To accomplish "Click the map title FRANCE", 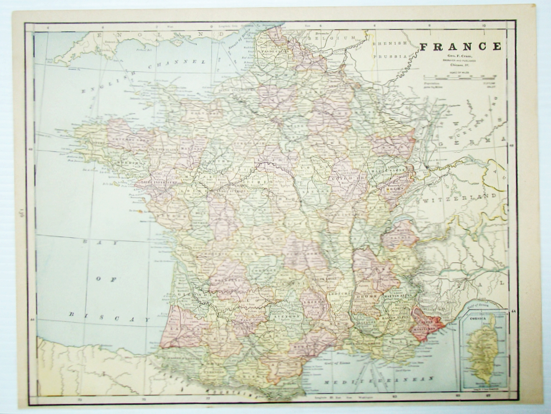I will coord(460,46).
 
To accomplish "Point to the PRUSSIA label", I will coord(390,56).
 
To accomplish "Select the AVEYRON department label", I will coord(286,316).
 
